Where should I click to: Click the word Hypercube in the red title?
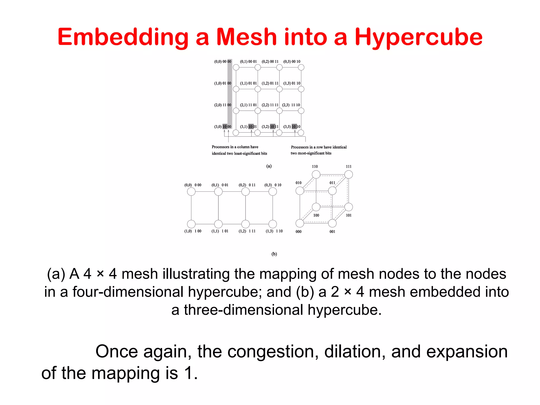418,37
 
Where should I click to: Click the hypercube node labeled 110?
316,174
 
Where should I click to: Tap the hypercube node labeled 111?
349,174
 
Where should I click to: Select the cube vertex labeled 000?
300,223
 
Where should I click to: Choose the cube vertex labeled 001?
332,223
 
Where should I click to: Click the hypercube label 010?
298,183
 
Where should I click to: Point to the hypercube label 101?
349,215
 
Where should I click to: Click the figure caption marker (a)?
269,166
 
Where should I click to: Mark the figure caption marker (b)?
274,254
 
